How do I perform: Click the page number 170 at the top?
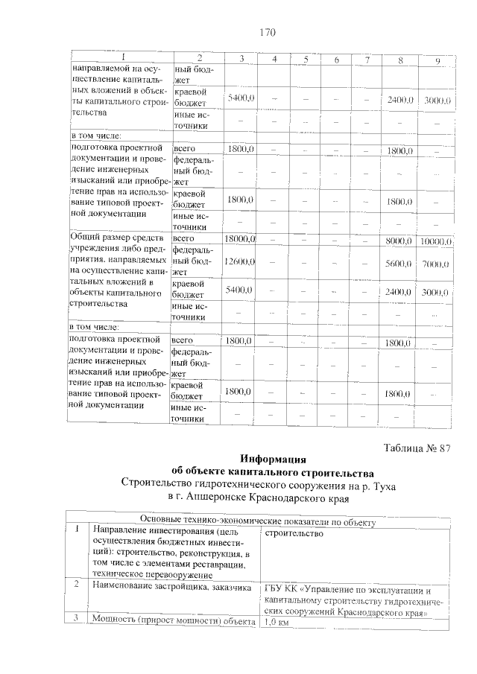(267, 32)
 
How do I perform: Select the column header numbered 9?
(437, 59)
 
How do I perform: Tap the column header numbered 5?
(305, 59)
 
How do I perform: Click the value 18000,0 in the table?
(240, 238)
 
